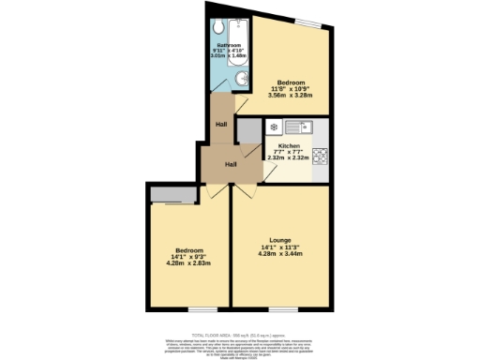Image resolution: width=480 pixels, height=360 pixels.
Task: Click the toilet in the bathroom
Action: click(x=217, y=27)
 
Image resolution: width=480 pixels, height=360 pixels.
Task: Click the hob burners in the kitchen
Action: click(x=320, y=156)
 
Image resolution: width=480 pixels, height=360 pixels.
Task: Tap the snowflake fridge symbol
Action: click(x=273, y=127)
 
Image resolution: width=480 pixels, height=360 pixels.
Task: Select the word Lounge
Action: click(x=280, y=240)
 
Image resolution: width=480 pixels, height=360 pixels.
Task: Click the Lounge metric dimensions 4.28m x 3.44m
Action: click(x=280, y=254)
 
